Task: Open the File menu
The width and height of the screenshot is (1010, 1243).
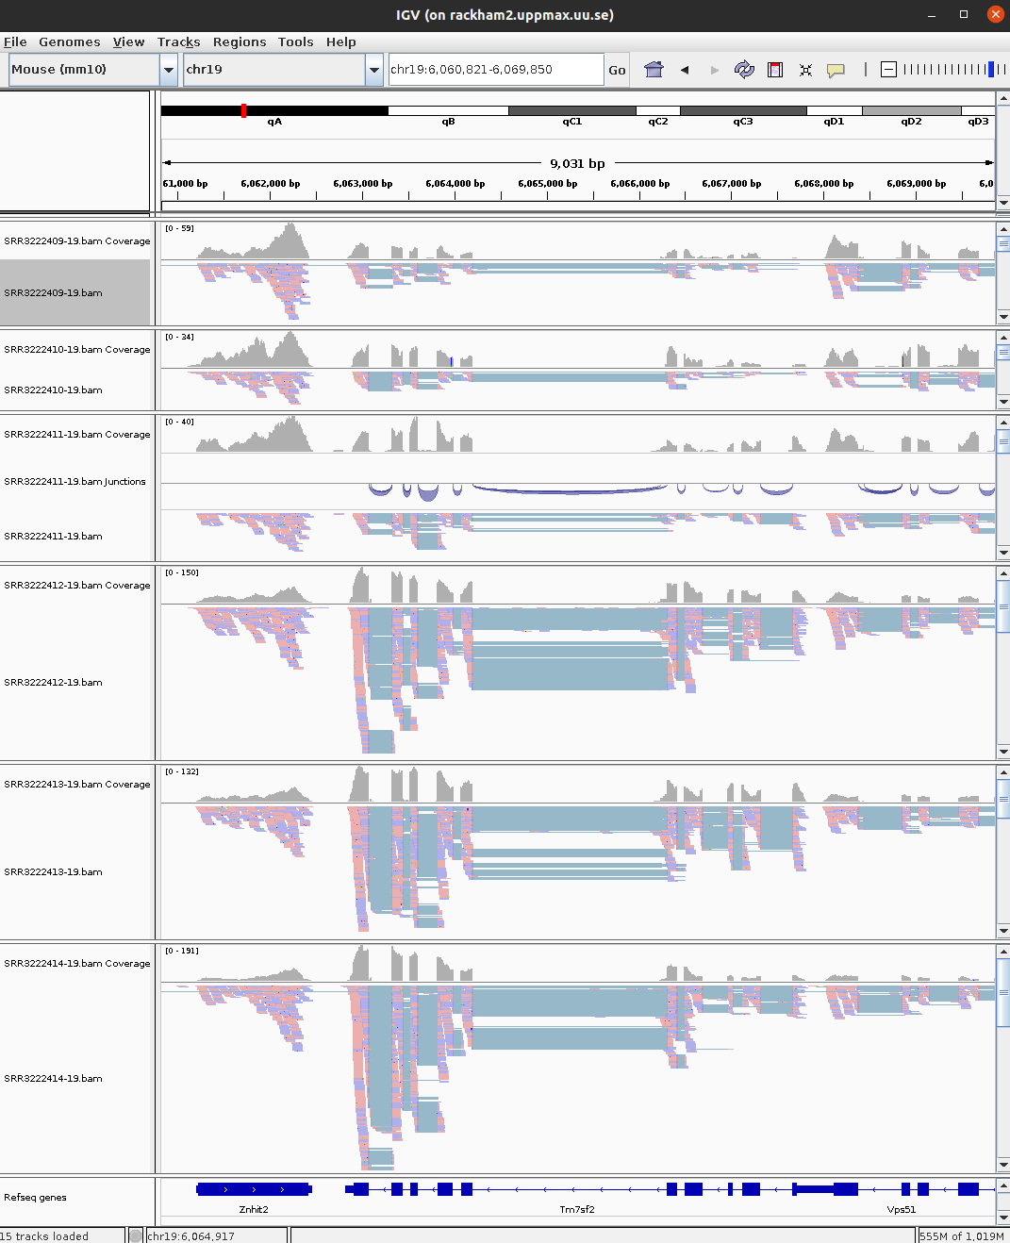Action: (x=15, y=41)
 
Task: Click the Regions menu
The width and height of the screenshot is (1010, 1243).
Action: (x=240, y=41)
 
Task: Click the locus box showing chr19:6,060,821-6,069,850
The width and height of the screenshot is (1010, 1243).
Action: (x=495, y=69)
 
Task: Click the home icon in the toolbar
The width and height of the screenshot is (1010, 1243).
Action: (x=654, y=69)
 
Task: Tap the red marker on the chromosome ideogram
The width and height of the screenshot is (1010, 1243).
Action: (x=243, y=110)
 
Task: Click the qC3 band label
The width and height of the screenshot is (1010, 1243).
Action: (x=743, y=122)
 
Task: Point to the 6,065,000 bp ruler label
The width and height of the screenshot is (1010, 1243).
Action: (x=547, y=184)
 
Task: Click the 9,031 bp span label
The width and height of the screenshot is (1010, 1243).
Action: (x=577, y=163)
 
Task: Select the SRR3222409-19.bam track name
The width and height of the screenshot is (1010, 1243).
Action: (x=54, y=293)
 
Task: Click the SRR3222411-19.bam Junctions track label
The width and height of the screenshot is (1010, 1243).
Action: (x=75, y=482)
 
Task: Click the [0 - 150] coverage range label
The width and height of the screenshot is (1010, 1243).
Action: (x=182, y=572)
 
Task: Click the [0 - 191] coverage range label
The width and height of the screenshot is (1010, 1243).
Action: (x=182, y=951)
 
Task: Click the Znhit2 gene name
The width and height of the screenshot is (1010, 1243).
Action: (x=253, y=1209)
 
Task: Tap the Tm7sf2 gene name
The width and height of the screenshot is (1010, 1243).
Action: (x=577, y=1209)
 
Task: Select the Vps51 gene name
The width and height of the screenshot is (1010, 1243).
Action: (x=901, y=1209)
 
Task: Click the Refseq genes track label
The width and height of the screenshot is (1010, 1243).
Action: (x=35, y=1198)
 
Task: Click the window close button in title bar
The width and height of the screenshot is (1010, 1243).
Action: (x=995, y=14)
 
